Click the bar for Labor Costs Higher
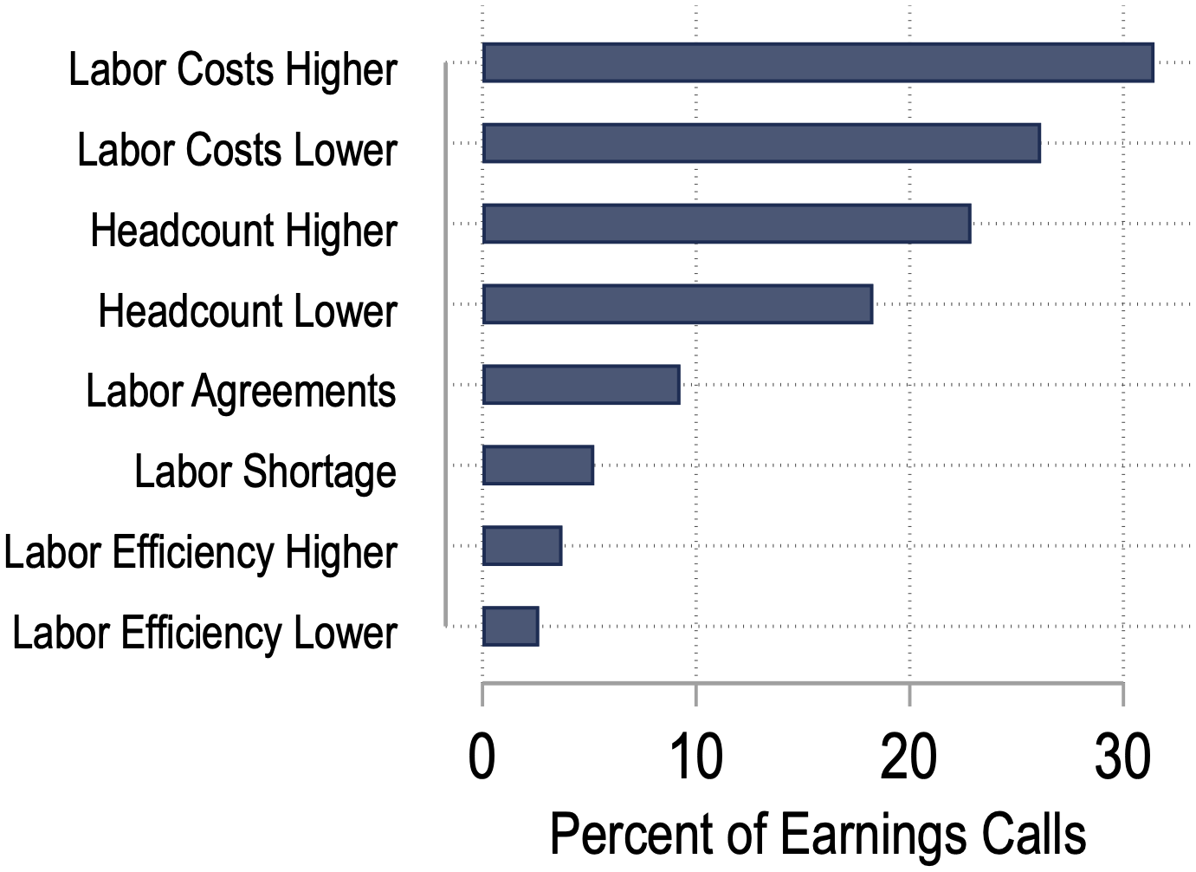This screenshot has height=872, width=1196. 818,62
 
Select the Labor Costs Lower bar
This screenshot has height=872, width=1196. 761,143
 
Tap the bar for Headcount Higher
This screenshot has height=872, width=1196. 727,224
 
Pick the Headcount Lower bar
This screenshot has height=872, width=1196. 677,304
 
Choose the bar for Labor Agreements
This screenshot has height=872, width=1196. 581,385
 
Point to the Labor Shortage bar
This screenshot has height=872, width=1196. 538,465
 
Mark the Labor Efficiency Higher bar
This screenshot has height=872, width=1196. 522,545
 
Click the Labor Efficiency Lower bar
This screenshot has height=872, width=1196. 511,626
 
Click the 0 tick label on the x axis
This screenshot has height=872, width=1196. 482,757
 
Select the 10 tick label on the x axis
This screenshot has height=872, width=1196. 695,757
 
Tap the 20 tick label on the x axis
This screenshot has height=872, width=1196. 908,757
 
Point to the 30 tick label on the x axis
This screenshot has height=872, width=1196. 1122,757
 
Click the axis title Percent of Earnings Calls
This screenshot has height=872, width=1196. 818,834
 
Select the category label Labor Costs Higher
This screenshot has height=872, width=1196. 233,69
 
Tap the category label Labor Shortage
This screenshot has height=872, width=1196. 265,472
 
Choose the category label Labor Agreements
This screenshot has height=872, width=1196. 241,391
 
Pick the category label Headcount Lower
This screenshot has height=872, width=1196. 248,310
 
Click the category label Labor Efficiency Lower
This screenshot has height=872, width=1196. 204,633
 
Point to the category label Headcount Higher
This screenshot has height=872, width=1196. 244,231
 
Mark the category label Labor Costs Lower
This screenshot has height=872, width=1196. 237,150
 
